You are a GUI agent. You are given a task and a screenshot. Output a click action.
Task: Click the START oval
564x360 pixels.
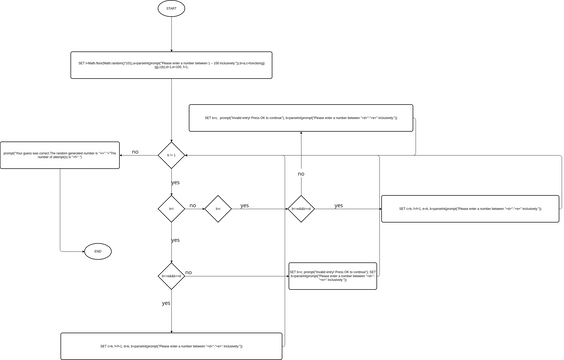click(x=171, y=8)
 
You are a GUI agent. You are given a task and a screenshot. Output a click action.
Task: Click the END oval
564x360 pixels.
click(x=97, y=251)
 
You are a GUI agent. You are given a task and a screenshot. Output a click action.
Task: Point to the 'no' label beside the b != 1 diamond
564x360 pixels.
click(x=135, y=152)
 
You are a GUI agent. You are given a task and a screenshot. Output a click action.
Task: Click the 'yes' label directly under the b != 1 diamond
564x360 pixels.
click(x=176, y=183)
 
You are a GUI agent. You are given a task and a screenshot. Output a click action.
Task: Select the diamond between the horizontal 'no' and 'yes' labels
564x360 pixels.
click(x=217, y=209)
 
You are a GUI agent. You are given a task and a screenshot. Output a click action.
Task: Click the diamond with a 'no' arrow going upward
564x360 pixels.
click(x=301, y=209)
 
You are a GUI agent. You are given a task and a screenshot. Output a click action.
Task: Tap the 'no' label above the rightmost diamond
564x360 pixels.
click(x=301, y=174)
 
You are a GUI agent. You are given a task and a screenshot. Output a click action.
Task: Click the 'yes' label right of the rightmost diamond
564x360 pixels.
click(x=338, y=205)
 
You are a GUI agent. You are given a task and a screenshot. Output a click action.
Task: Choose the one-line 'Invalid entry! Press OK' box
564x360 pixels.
click(x=300, y=118)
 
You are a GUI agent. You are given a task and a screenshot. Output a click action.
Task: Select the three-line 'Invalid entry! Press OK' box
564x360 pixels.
click(x=332, y=275)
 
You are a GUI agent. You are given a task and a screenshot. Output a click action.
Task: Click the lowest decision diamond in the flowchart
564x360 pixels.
click(x=171, y=275)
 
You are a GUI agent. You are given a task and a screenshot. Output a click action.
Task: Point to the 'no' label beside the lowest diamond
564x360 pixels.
click(x=189, y=272)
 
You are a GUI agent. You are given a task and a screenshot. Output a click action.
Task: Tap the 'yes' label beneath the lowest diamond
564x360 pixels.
click(x=166, y=302)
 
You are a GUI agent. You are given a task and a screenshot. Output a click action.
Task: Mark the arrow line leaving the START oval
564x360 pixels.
click(x=171, y=33)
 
